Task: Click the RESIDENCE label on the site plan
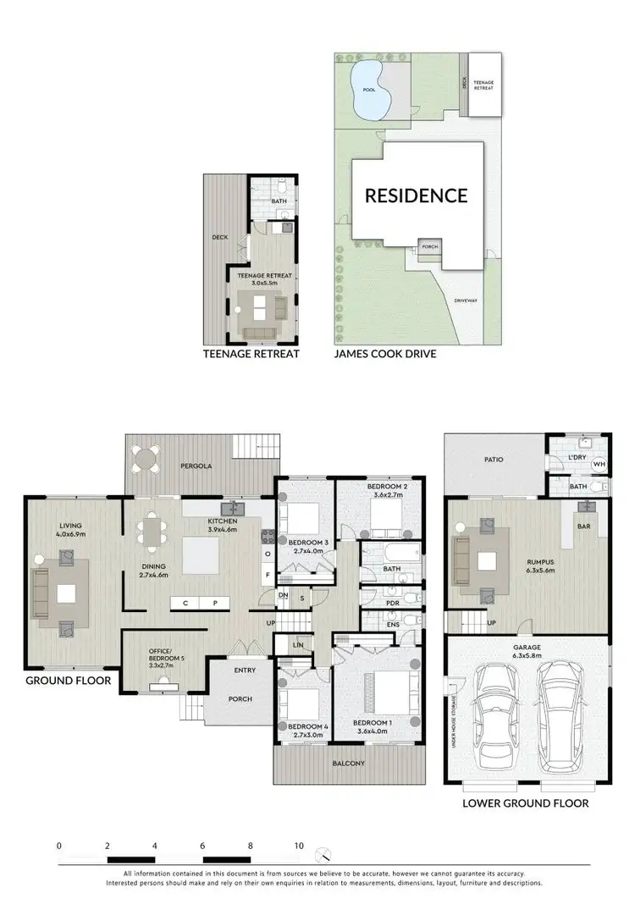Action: [x=416, y=196]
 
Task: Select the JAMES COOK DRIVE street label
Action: [x=385, y=354]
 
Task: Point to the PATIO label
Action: [x=494, y=460]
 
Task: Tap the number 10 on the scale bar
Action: [x=298, y=845]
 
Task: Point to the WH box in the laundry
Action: [x=599, y=464]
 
